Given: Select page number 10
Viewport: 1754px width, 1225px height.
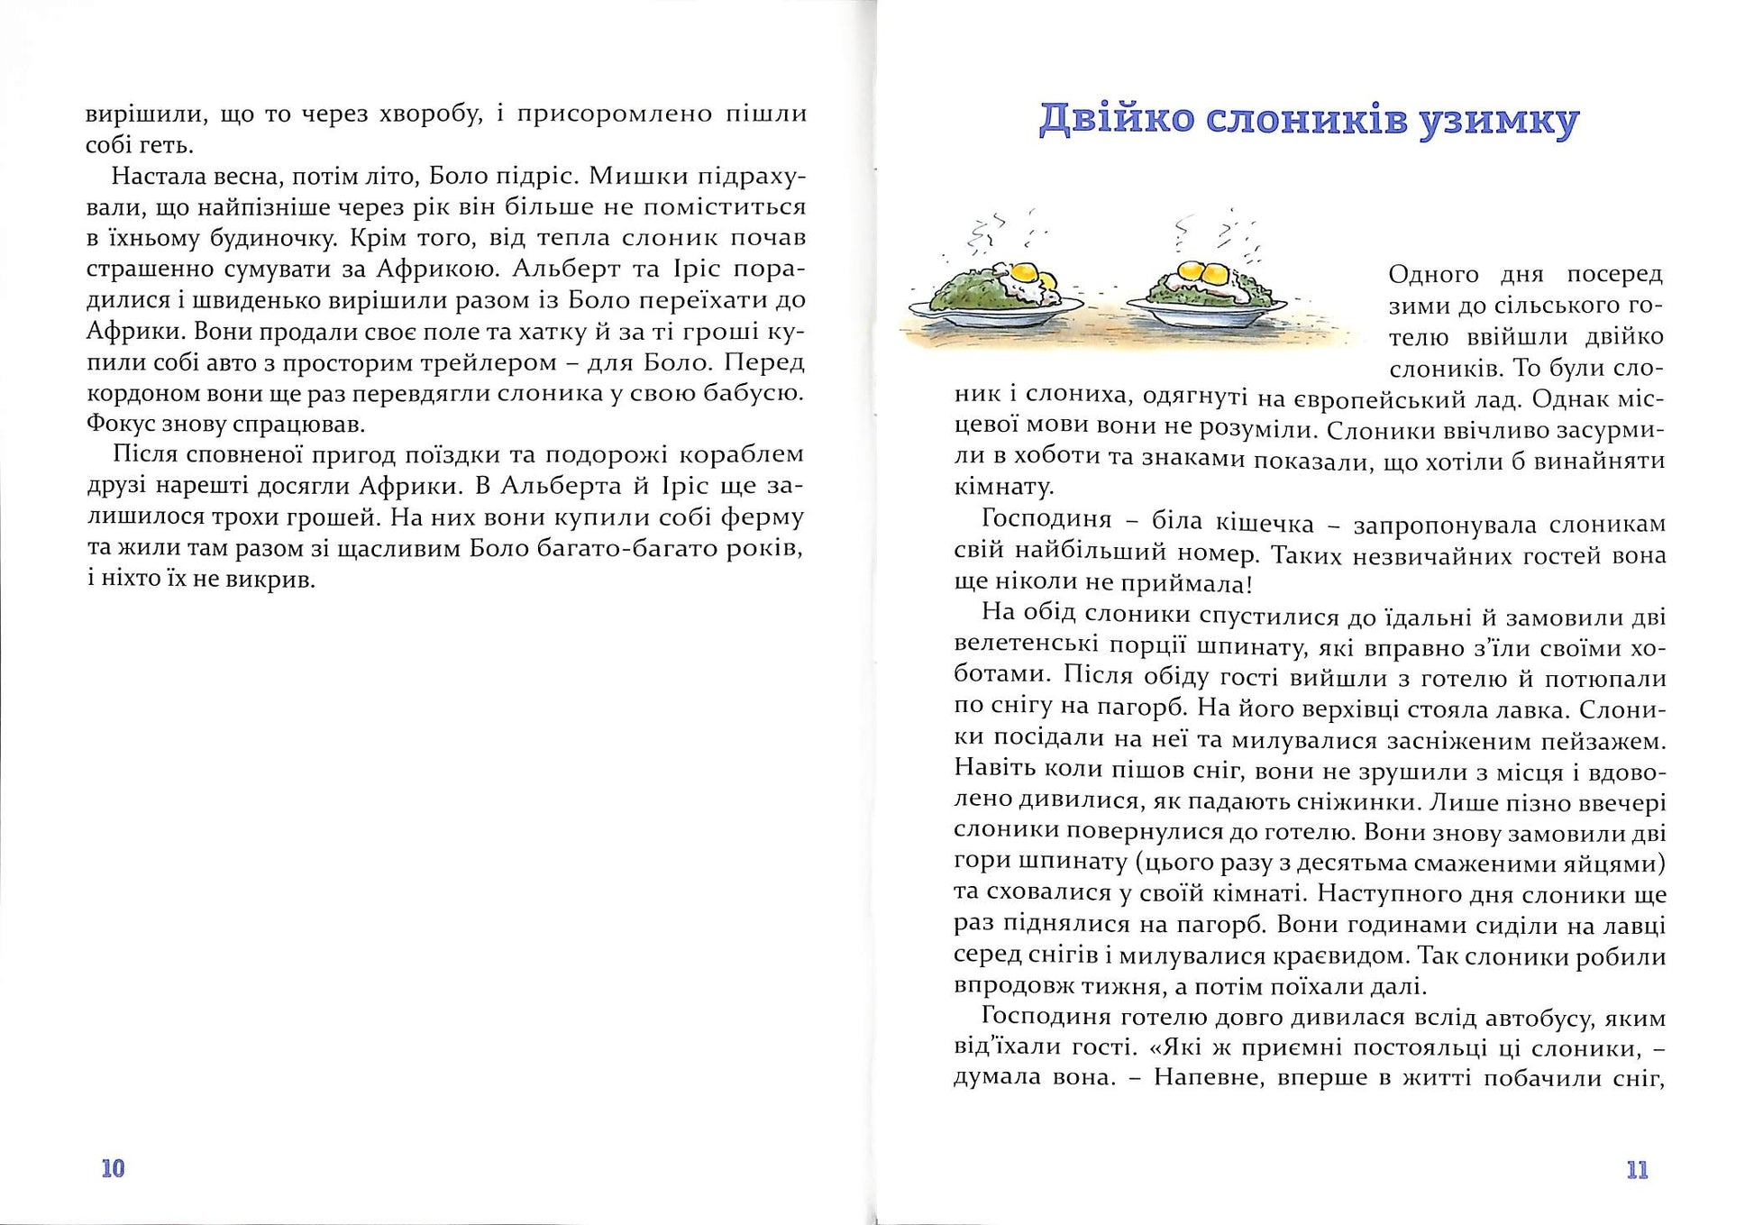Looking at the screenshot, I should point(113,1169).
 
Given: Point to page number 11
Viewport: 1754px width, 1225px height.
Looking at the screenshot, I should point(1638,1170).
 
